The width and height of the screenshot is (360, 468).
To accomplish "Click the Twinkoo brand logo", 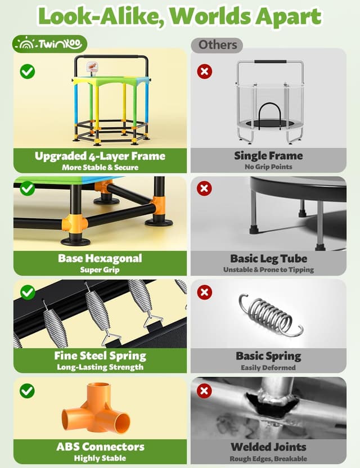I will click(50, 43).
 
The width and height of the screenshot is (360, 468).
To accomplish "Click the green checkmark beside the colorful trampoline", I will click(27, 71).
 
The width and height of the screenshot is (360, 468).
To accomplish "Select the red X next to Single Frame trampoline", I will click(205, 71).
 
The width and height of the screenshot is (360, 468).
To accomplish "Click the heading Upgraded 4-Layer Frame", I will click(100, 156).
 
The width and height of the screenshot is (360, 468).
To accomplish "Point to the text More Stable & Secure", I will click(100, 167).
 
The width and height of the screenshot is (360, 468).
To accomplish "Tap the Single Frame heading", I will click(268, 156).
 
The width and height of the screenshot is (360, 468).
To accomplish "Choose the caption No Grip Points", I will click(268, 167).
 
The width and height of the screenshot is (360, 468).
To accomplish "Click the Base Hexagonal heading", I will click(100, 259).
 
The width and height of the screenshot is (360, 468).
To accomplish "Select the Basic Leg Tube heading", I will click(268, 259).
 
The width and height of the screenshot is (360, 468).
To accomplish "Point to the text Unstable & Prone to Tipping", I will click(268, 270).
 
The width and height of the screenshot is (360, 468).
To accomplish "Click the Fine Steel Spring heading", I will click(100, 355).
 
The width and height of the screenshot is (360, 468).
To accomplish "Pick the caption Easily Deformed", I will click(268, 367).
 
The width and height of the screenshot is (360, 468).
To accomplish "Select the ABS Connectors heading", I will click(100, 447).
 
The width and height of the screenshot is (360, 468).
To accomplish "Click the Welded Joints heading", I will click(268, 447).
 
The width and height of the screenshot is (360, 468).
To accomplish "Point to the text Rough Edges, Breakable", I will click(268, 458).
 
